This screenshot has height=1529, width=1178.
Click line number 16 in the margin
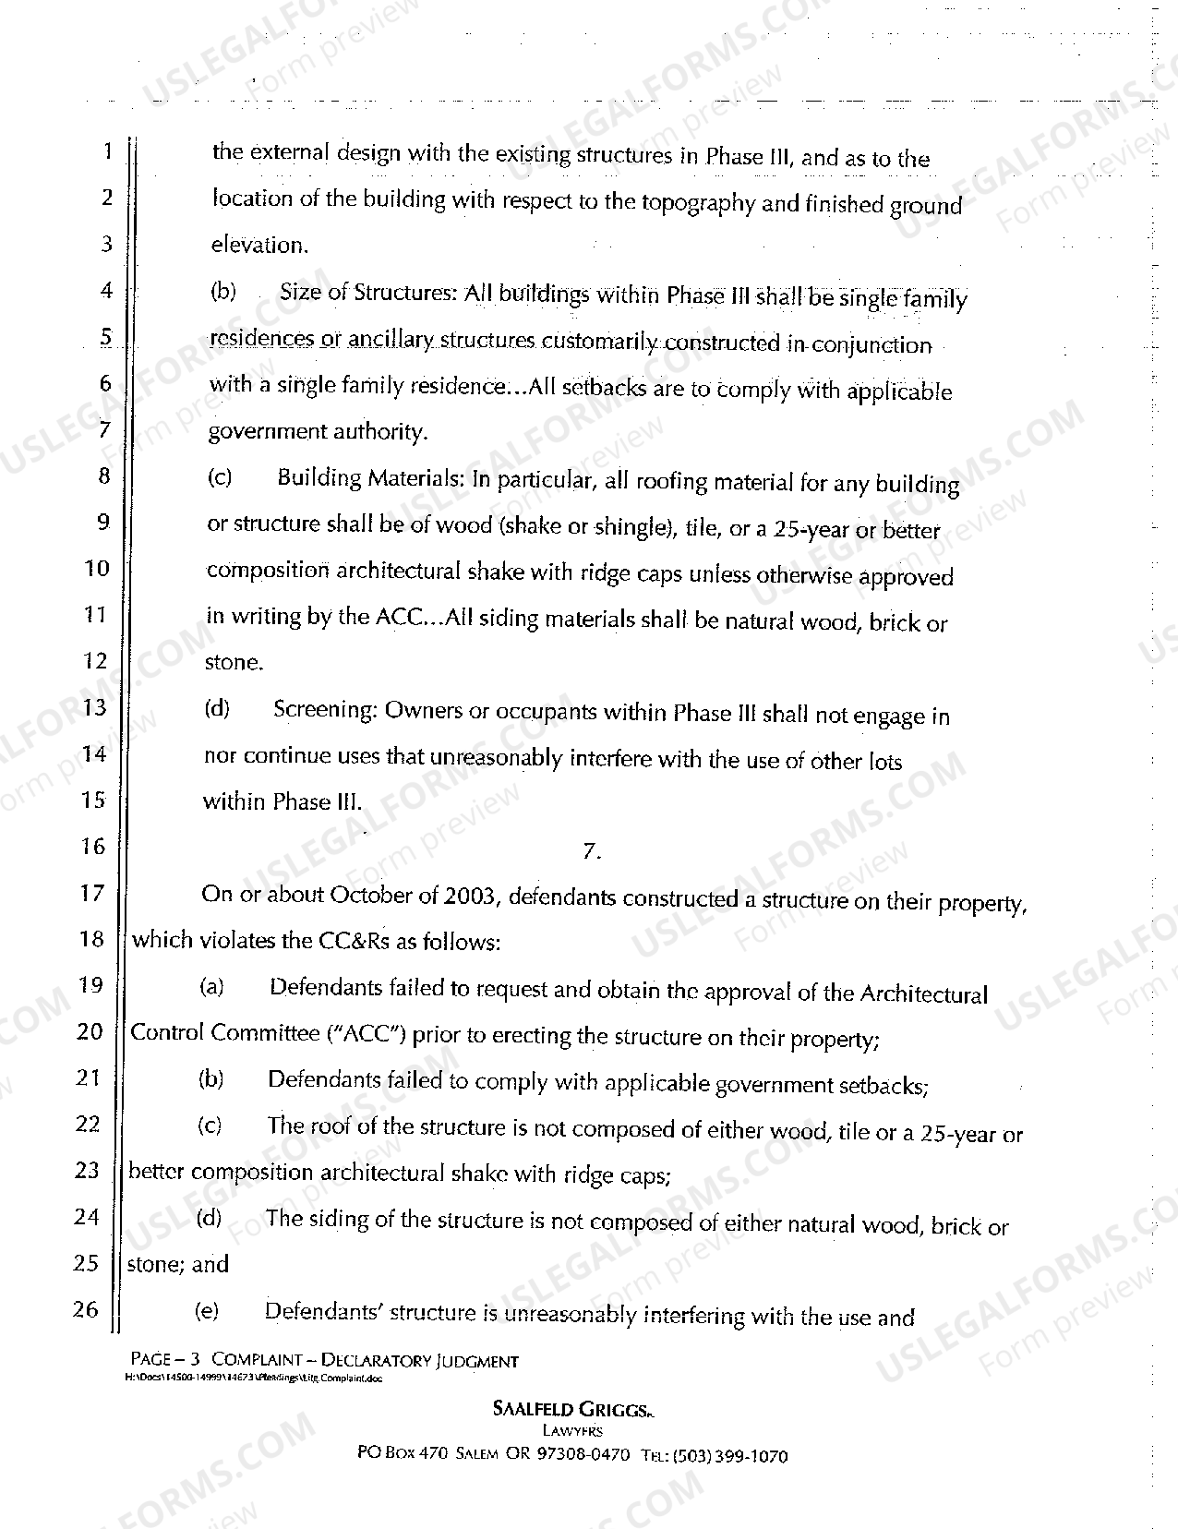tap(93, 847)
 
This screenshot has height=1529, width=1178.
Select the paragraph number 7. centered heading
tap(592, 852)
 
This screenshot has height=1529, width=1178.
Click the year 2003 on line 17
tap(472, 896)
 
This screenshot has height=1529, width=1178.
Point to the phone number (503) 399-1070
tap(730, 1456)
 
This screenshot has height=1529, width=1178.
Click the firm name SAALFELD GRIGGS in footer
tap(572, 1409)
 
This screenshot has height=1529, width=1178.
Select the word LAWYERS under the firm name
tap(572, 1431)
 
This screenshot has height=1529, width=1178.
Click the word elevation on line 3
tap(258, 246)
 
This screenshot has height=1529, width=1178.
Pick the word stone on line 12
tap(233, 663)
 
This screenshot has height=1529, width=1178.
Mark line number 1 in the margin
tap(106, 150)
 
